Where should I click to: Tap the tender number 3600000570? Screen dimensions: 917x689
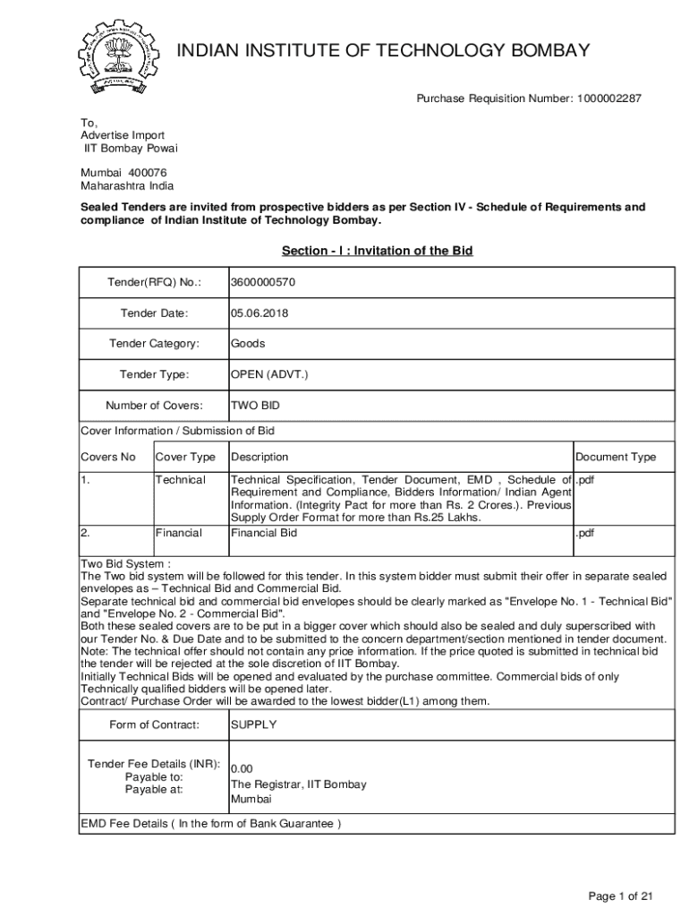tap(263, 283)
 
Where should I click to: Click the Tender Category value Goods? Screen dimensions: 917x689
tap(248, 344)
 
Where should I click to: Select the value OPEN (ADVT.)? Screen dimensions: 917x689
tap(269, 374)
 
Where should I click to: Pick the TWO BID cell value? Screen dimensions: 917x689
tap(256, 405)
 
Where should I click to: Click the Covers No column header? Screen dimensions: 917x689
tap(108, 458)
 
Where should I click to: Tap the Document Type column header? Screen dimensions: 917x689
tap(616, 458)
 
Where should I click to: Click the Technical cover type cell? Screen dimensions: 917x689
tap(181, 480)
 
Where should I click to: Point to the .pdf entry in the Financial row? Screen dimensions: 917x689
tap(585, 533)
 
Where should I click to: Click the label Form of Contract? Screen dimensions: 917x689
tap(154, 724)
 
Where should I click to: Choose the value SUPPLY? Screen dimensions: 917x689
tap(254, 724)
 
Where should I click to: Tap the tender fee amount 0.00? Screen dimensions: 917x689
tap(242, 769)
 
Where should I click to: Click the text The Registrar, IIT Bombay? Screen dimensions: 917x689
tap(299, 784)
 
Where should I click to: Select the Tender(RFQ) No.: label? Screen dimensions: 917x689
tap(154, 283)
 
